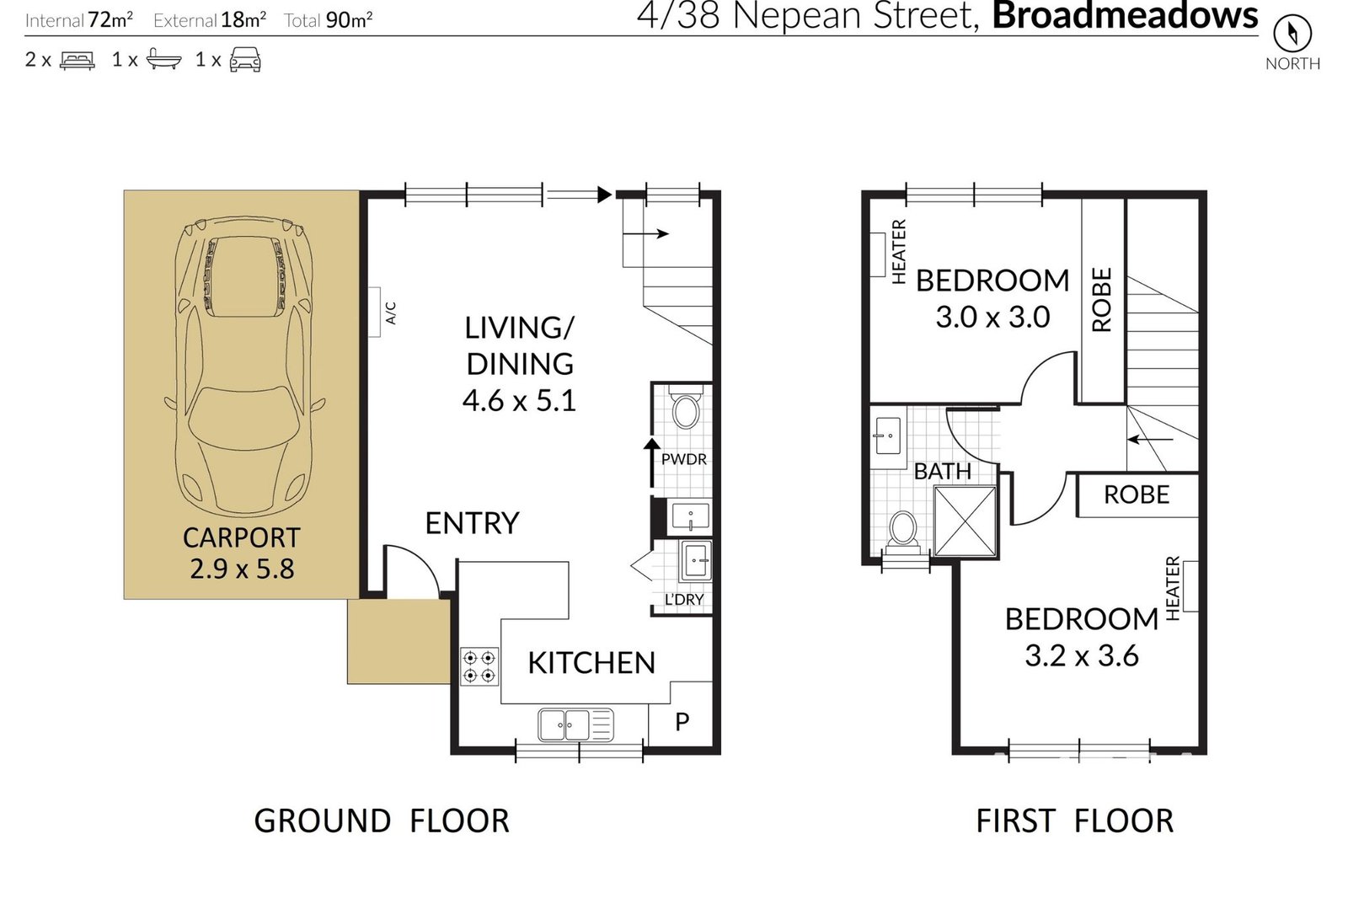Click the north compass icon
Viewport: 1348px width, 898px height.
point(1292,33)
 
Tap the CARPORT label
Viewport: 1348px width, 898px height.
point(241,537)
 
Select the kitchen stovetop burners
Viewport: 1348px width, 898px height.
point(479,666)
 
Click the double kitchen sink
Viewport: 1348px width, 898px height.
point(576,724)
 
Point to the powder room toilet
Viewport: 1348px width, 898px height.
point(686,408)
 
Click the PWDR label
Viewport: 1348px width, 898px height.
point(683,459)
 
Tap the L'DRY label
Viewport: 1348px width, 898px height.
point(684,600)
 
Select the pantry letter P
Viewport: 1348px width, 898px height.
point(682,721)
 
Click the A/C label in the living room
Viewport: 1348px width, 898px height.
point(391,313)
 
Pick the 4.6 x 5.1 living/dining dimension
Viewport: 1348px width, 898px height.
point(519,400)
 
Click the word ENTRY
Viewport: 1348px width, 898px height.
point(472,523)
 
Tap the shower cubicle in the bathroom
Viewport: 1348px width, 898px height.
point(966,521)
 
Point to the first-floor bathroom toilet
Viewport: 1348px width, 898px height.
point(902,532)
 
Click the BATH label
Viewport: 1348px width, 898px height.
point(943,471)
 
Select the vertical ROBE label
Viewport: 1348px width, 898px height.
point(1101,300)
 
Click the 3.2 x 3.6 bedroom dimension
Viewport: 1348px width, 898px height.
point(1082,655)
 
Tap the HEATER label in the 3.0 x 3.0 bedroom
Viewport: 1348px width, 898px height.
point(898,252)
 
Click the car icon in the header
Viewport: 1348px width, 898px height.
point(245,60)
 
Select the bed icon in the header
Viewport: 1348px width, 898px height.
point(77,61)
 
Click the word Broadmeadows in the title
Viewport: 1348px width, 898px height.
point(1125,15)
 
